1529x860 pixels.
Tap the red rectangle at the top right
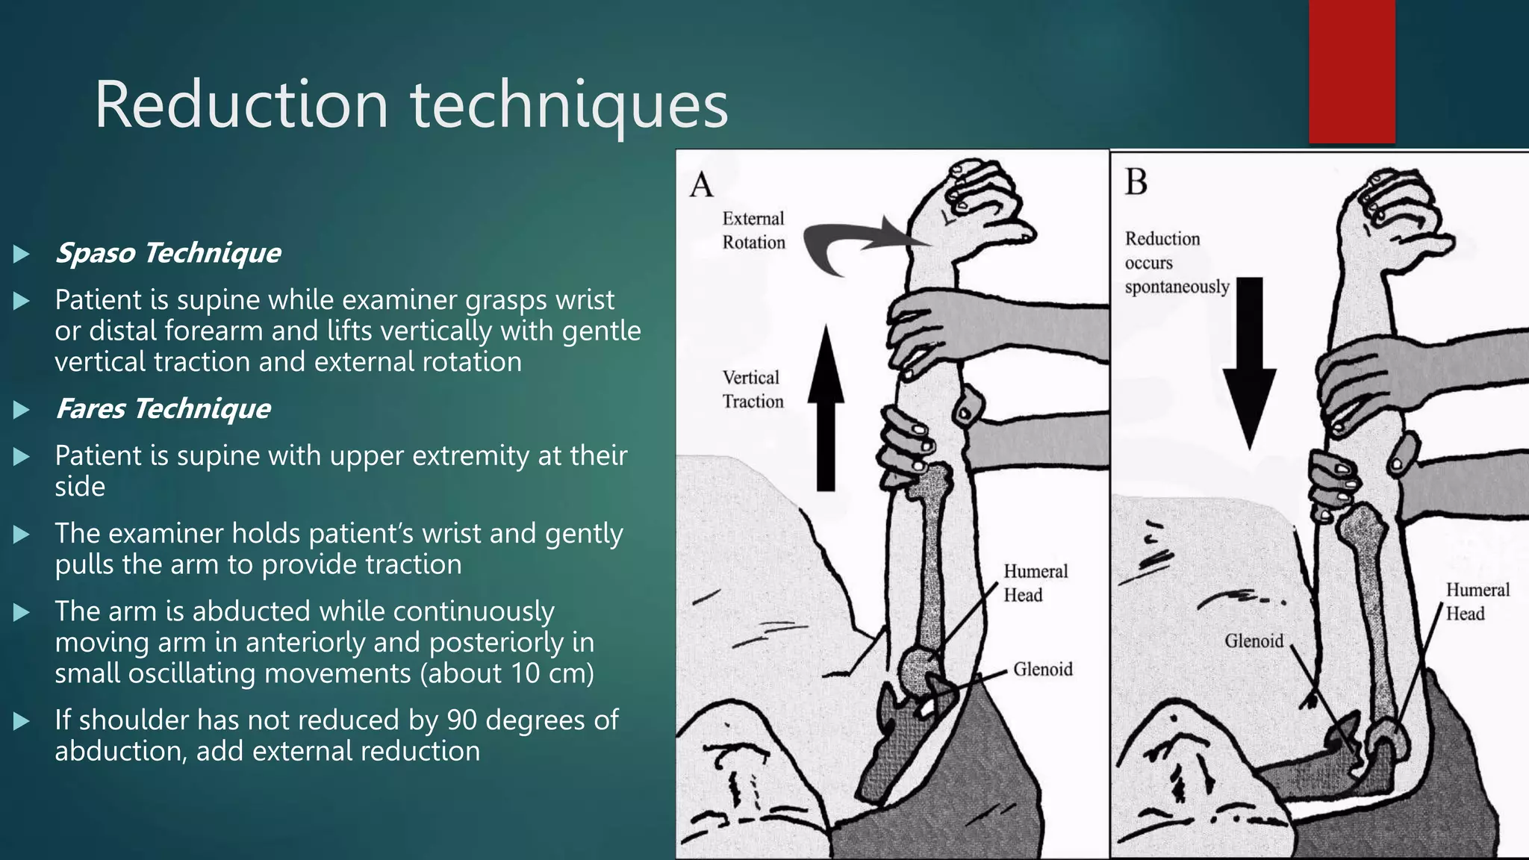pyautogui.click(x=1351, y=72)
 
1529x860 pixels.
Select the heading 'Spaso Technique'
pyautogui.click(x=168, y=253)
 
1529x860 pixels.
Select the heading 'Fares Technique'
pyautogui.click(x=163, y=409)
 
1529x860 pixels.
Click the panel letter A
pyautogui.click(x=701, y=185)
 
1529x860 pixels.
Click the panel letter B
pyautogui.click(x=1136, y=182)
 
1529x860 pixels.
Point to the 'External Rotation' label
pyautogui.click(x=753, y=231)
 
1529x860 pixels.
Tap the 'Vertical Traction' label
pyautogui.click(x=753, y=389)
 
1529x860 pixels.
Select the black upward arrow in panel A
pyautogui.click(x=826, y=411)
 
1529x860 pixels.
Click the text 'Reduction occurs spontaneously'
pyautogui.click(x=1176, y=263)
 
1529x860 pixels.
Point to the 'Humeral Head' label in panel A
pyautogui.click(x=1035, y=583)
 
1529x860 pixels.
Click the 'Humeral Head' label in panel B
pyautogui.click(x=1477, y=602)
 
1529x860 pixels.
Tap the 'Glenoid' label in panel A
pyautogui.click(x=1042, y=669)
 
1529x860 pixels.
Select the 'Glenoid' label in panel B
pyautogui.click(x=1254, y=641)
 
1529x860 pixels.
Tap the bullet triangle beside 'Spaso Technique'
pyautogui.click(x=22, y=254)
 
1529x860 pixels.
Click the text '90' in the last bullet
pyautogui.click(x=461, y=720)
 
